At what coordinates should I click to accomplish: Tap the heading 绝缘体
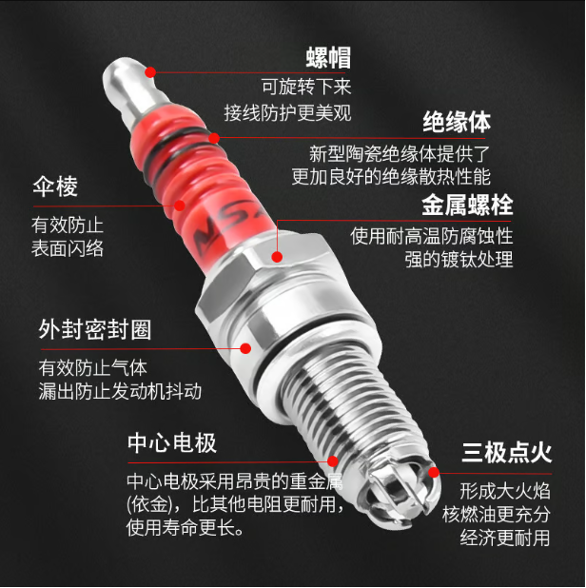click(x=457, y=122)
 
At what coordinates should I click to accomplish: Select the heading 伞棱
click(x=54, y=186)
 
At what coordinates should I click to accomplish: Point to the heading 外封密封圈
click(x=94, y=330)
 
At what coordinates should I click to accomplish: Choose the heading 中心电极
click(x=172, y=443)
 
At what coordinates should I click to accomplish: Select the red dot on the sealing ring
click(x=244, y=349)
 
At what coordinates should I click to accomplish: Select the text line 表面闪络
click(x=68, y=249)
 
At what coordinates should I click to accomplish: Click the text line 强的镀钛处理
click(x=459, y=259)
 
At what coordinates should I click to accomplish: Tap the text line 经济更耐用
click(x=504, y=539)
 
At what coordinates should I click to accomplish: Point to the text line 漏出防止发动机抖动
click(x=120, y=391)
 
